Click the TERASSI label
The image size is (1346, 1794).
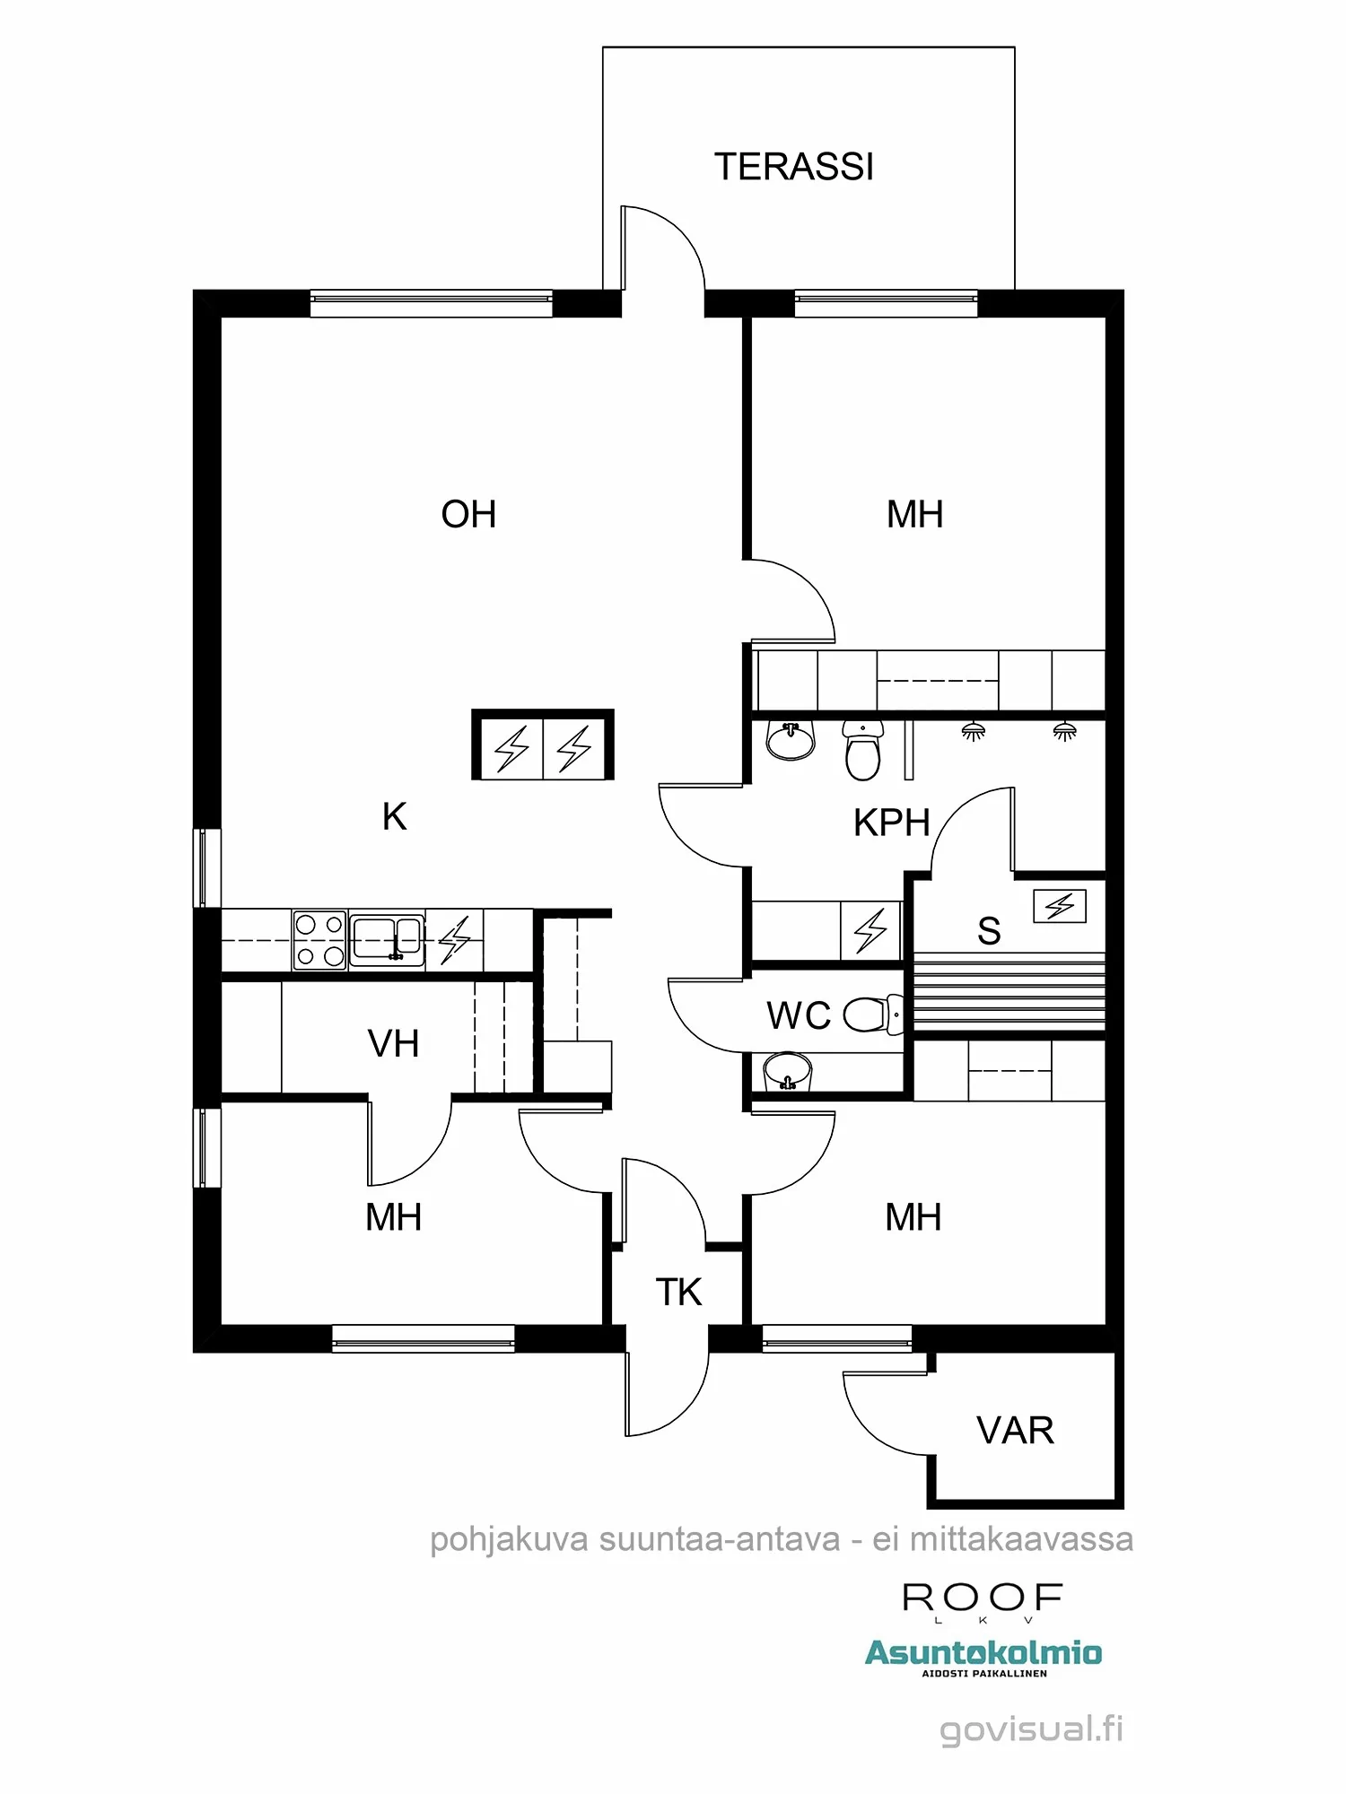(793, 167)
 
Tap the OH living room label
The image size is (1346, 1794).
(468, 515)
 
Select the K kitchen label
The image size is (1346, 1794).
(394, 817)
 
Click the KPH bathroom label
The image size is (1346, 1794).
(891, 823)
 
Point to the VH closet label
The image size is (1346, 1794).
(393, 1044)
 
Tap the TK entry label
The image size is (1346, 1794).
(678, 1293)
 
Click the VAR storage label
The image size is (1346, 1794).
(1015, 1431)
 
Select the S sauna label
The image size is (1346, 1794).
(989, 931)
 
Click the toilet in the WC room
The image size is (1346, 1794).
(870, 1015)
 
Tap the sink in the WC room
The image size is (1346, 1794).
(787, 1071)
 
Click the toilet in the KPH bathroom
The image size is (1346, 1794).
(863, 752)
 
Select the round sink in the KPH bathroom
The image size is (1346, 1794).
(791, 741)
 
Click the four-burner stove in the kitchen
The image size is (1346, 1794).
(319, 939)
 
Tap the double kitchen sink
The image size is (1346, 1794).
(387, 939)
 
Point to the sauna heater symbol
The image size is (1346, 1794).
(1060, 906)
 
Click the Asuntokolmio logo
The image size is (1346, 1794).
(983, 1653)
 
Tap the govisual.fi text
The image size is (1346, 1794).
(1031, 1729)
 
